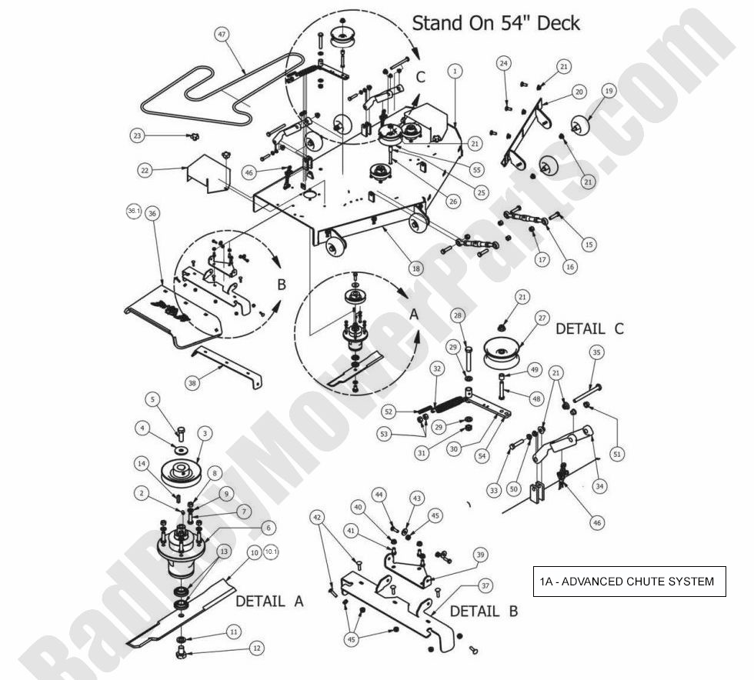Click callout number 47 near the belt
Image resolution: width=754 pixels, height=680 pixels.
[222, 35]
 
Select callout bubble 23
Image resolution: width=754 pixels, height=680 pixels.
[138, 135]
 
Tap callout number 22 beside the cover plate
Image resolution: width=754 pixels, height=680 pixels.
[145, 171]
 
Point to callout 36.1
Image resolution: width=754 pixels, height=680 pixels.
[134, 211]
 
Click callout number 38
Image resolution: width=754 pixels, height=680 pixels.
[194, 382]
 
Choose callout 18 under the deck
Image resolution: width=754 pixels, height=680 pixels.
[415, 268]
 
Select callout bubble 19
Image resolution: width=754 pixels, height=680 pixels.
[608, 91]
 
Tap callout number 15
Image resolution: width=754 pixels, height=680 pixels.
[589, 245]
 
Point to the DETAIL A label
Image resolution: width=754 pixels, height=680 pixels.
[269, 601]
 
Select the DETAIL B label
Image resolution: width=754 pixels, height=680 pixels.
[483, 612]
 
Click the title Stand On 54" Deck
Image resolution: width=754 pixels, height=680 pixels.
[495, 22]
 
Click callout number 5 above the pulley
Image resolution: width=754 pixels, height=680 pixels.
[152, 399]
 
